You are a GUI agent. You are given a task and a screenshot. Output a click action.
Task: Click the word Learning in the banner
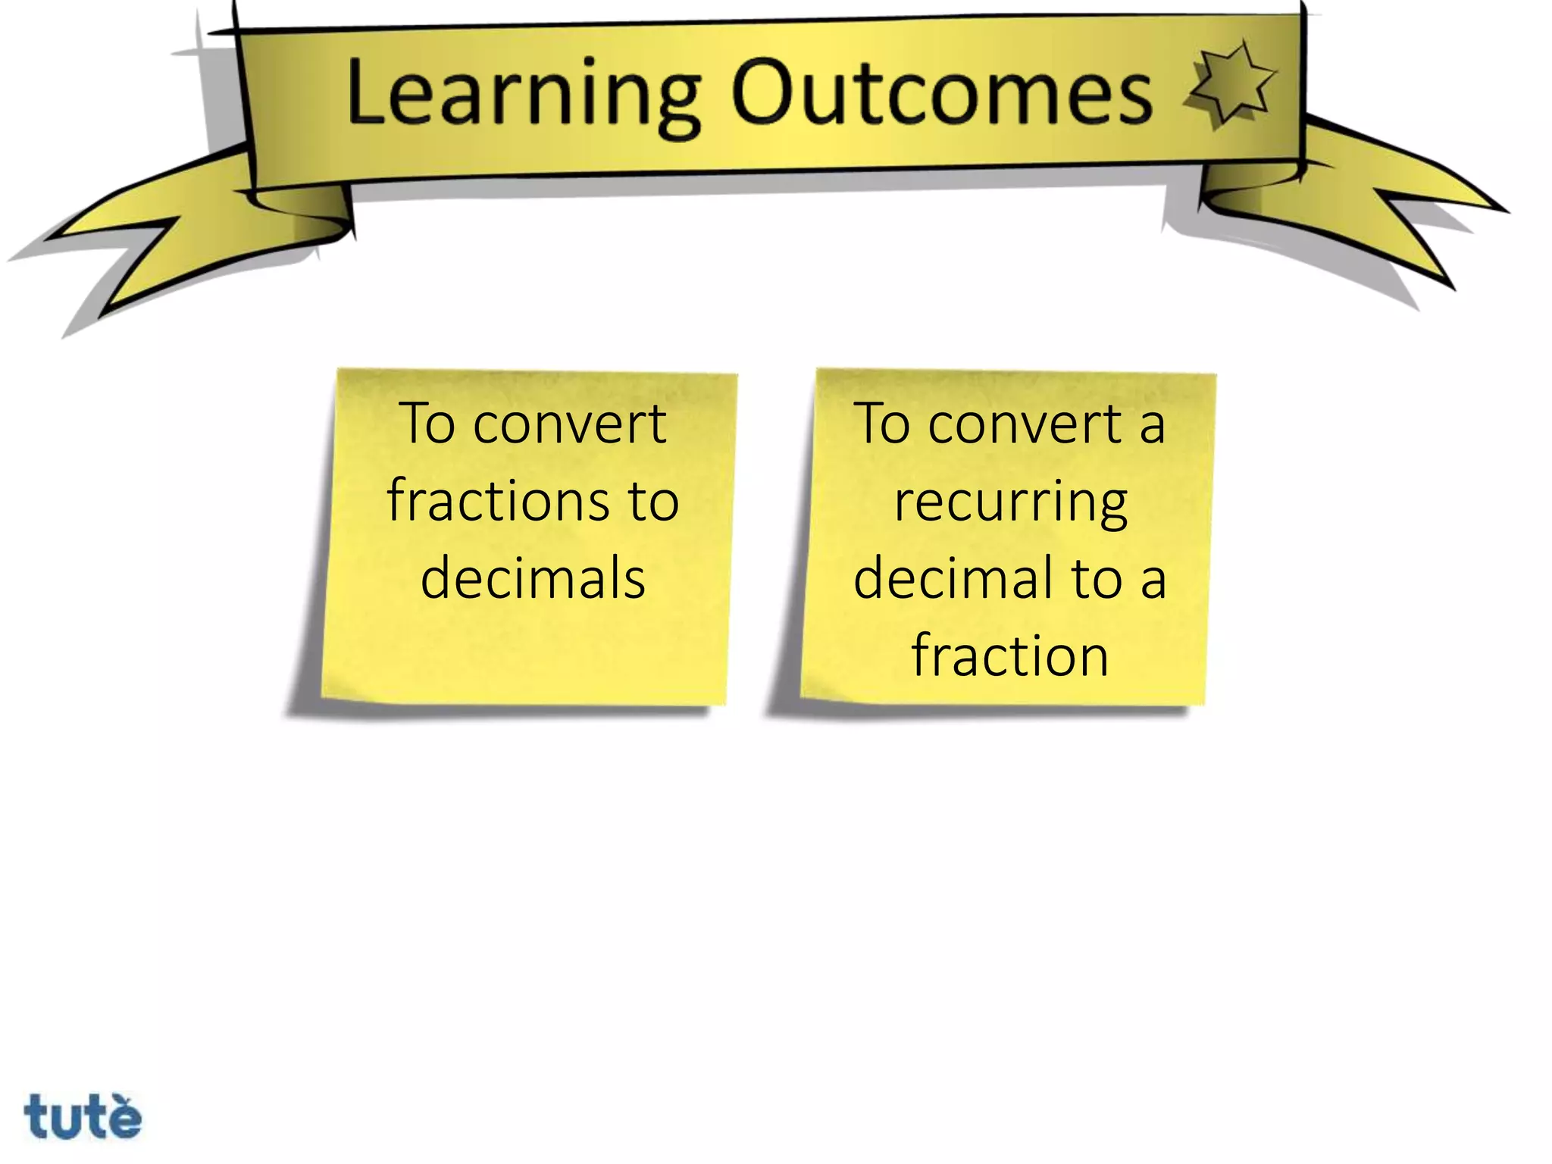pos(523,95)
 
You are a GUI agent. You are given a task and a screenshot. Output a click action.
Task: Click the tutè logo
pos(83,1115)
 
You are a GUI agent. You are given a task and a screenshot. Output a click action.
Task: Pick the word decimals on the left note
pos(533,577)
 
